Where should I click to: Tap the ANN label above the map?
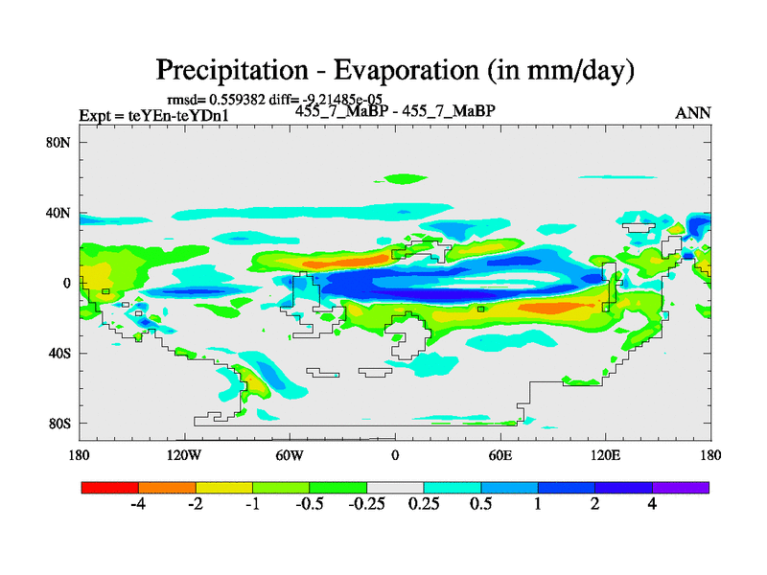tap(693, 113)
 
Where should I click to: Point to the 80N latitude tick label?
tap(61, 143)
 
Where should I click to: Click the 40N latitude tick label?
tap(61, 213)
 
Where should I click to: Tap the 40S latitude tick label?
tap(61, 354)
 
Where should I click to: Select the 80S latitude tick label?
tap(61, 424)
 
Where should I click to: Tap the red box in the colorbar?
tap(110, 487)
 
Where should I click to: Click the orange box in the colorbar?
tap(167, 487)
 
